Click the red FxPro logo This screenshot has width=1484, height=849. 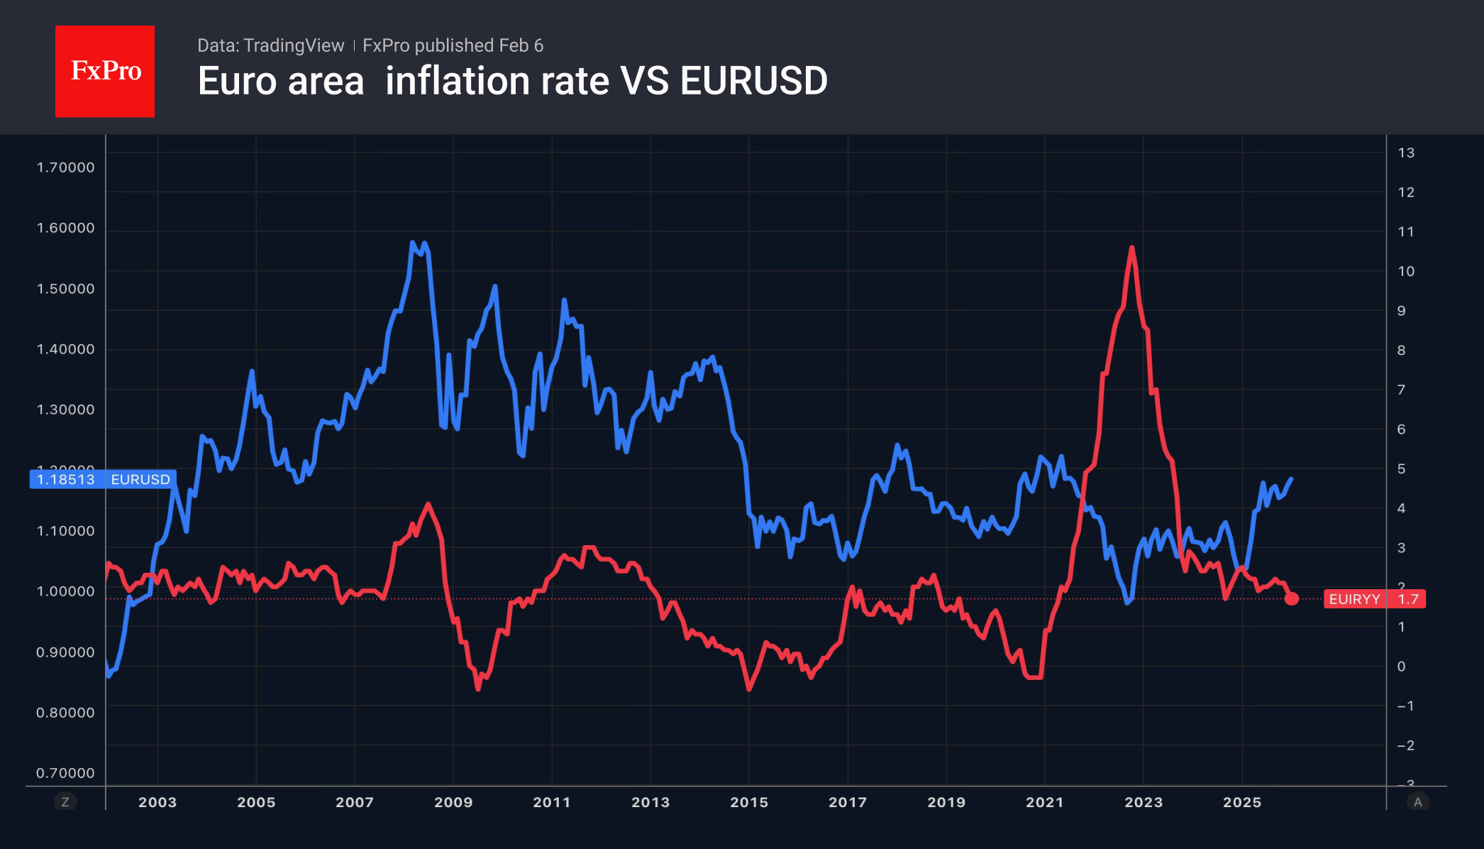click(105, 71)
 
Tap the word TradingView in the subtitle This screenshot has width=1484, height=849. click(293, 45)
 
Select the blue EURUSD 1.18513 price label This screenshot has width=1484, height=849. click(103, 479)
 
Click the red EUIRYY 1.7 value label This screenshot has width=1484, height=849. click(1375, 599)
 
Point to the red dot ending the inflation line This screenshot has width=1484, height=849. click(1292, 599)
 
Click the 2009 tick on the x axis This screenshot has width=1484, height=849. click(453, 802)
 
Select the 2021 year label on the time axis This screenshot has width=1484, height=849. click(1045, 802)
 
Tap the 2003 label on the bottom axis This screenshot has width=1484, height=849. click(157, 802)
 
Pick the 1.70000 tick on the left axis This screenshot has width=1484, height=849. click(65, 168)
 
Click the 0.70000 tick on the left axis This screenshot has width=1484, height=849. click(65, 773)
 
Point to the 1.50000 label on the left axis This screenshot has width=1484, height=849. click(65, 289)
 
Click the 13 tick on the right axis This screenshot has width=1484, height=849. click(1406, 153)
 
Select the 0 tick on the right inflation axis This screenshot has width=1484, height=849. click(1401, 667)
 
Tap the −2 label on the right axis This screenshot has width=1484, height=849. click(1405, 745)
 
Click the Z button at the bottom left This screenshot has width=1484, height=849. click(65, 802)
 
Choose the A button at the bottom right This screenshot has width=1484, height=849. click(1418, 802)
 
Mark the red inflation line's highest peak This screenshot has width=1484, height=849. click(1131, 248)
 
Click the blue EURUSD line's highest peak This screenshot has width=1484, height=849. click(413, 243)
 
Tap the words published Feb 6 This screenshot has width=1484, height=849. click(479, 45)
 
